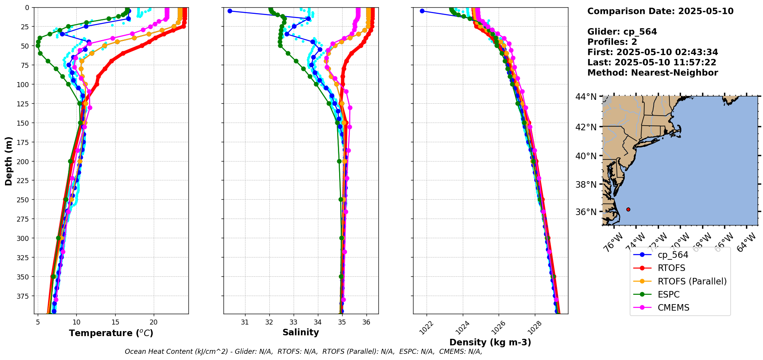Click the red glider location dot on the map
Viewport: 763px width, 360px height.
pyautogui.click(x=628, y=209)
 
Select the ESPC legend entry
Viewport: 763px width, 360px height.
pyautogui.click(x=668, y=294)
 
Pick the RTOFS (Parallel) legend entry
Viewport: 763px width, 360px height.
pyautogui.click(x=692, y=281)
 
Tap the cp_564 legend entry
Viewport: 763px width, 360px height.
pyautogui.click(x=672, y=255)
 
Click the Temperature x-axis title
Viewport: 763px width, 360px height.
pyautogui.click(x=111, y=333)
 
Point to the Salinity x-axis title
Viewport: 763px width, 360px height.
pyautogui.click(x=301, y=332)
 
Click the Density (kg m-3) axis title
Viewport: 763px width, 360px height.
pyautogui.click(x=490, y=342)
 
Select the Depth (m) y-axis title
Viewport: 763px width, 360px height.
pyautogui.click(x=8, y=161)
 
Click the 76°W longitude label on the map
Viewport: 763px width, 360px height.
pyautogui.click(x=613, y=243)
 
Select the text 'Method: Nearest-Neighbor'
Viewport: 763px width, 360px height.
pyautogui.click(x=652, y=73)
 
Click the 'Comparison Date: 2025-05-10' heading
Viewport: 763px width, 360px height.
pyautogui.click(x=660, y=11)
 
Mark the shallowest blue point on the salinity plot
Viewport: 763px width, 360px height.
pyautogui.click(x=230, y=11)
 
